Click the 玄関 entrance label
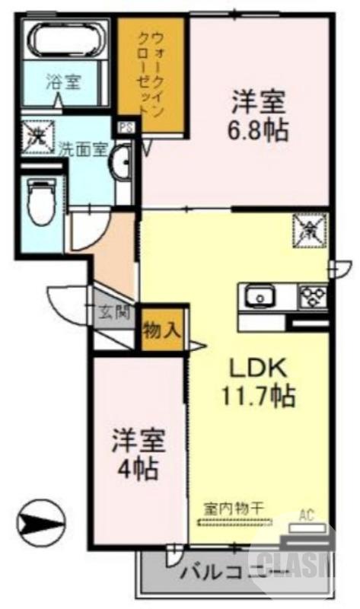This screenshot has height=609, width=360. (x=115, y=312)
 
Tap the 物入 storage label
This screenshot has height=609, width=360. (x=162, y=330)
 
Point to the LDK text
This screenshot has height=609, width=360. (x=258, y=368)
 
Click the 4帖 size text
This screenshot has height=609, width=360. (x=137, y=468)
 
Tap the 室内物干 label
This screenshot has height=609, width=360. (x=234, y=508)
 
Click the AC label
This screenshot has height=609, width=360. (x=306, y=514)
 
